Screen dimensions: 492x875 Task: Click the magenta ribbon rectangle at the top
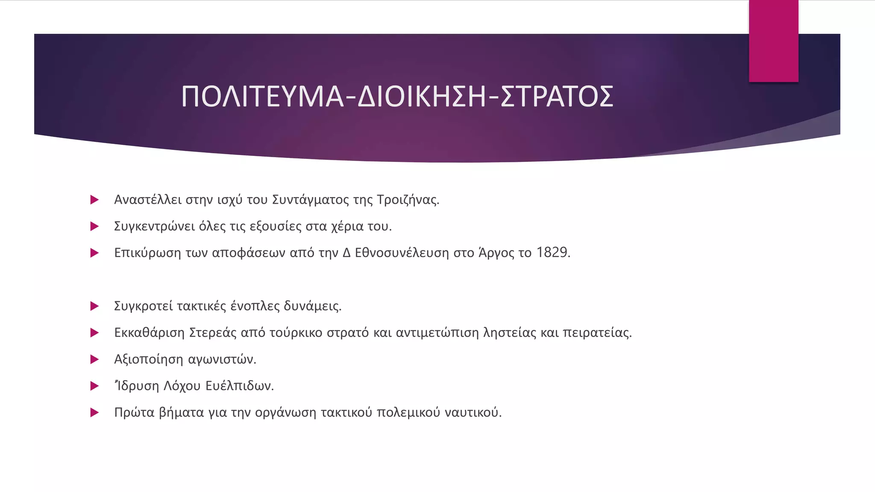(773, 41)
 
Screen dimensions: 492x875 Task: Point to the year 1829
(552, 253)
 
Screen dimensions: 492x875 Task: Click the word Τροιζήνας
(408, 200)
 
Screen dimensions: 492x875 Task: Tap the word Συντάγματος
(311, 200)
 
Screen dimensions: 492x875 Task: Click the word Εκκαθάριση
(149, 333)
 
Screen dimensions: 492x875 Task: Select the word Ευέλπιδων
(239, 386)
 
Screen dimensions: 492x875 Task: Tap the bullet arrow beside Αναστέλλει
(94, 200)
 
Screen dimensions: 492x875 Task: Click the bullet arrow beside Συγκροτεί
(94, 306)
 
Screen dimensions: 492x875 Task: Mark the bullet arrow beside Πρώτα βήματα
(94, 413)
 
